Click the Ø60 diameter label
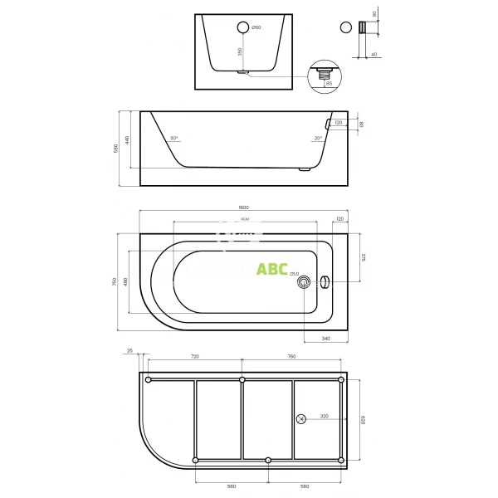[x=256, y=27]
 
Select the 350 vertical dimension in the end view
[x=240, y=51]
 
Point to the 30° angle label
[x=173, y=139]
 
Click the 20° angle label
[x=318, y=139]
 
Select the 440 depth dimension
[x=128, y=139]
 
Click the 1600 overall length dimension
[x=243, y=207]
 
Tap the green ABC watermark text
[x=272, y=269]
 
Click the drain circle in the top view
[x=305, y=282]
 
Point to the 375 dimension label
[x=364, y=257]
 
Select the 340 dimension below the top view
[x=326, y=339]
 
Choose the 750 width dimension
[x=115, y=282]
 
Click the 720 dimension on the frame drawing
[x=195, y=356]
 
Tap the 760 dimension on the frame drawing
[x=291, y=356]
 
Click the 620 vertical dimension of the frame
[x=363, y=419]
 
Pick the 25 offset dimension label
[x=131, y=351]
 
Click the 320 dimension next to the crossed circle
[x=324, y=416]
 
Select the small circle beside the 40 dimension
[x=344, y=27]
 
